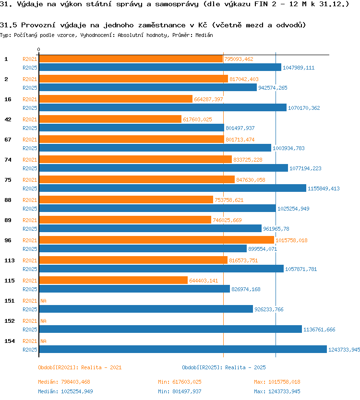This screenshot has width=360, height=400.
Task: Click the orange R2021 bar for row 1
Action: pyautogui.click(x=131, y=59)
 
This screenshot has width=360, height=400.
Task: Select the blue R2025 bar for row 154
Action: pyautogui.click(x=183, y=349)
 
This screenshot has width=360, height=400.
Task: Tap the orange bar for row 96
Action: pyautogui.click(x=156, y=240)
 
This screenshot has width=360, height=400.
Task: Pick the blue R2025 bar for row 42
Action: pyautogui.click(x=132, y=128)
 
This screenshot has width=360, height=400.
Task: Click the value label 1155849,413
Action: pyautogui.click(x=324, y=188)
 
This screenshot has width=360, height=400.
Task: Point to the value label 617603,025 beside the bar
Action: pyautogui.click(x=197, y=119)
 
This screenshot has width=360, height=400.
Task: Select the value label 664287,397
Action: pyautogui.click(x=208, y=99)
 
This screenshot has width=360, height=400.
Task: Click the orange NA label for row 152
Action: pyautogui.click(x=43, y=321)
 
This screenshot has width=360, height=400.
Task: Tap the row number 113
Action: pyautogui.click(x=10, y=260)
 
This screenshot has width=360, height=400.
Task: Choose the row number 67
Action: pyautogui.click(x=8, y=140)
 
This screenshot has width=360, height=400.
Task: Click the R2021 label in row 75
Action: pyautogui.click(x=30, y=180)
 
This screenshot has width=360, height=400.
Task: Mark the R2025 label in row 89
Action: pyautogui.click(x=30, y=229)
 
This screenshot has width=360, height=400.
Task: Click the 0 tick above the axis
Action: pyautogui.click(x=38, y=49)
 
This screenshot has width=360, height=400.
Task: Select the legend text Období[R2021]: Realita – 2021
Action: pyautogui.click(x=80, y=367)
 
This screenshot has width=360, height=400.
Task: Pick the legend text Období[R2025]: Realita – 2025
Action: pyautogui.click(x=224, y=367)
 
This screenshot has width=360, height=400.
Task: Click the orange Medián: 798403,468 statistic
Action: pyautogui.click(x=64, y=382)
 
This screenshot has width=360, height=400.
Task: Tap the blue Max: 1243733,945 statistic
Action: pyautogui.click(x=277, y=391)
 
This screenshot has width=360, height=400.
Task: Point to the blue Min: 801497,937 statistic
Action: pyautogui.click(x=180, y=391)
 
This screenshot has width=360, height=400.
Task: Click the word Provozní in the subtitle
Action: pyautogui.click(x=38, y=25)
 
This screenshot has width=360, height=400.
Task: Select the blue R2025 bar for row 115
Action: pyautogui.click(x=134, y=289)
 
